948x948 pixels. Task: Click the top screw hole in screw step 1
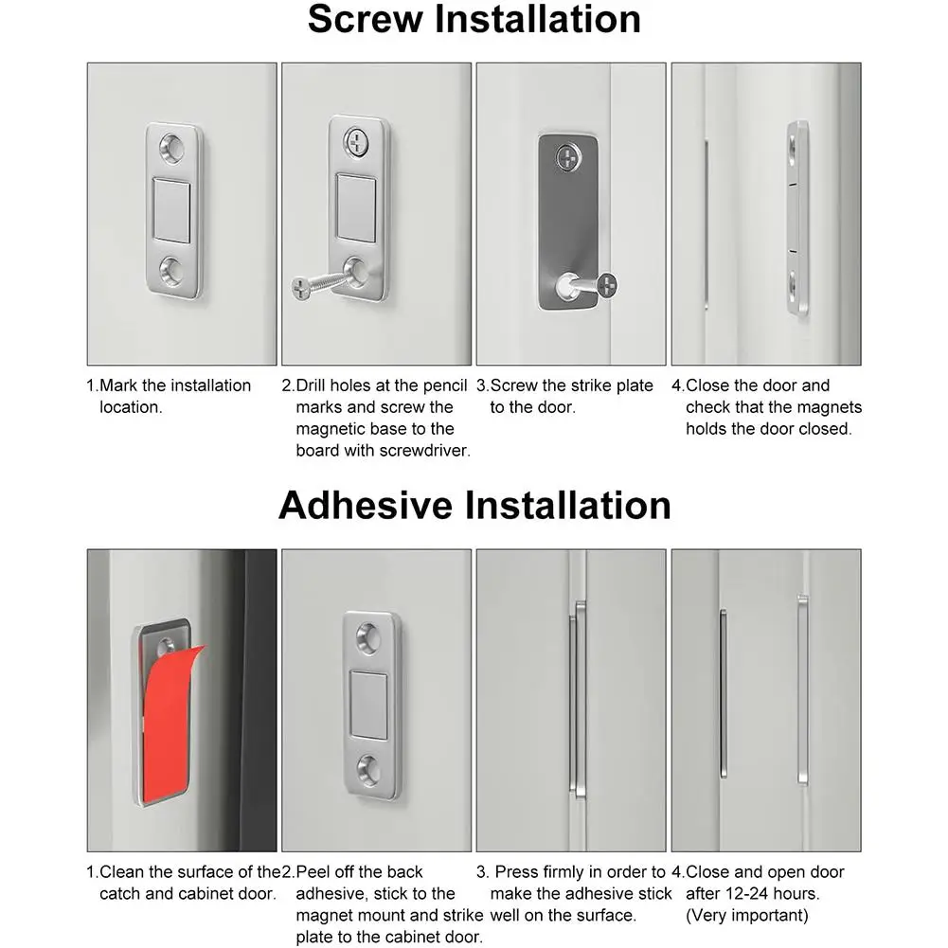[x=173, y=147]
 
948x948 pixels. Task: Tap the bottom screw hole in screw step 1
[x=173, y=271]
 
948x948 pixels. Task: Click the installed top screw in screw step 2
[x=357, y=142]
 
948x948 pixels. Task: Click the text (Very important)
[x=747, y=915]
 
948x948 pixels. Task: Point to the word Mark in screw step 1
[x=119, y=385]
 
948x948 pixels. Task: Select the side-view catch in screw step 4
[x=797, y=218]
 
